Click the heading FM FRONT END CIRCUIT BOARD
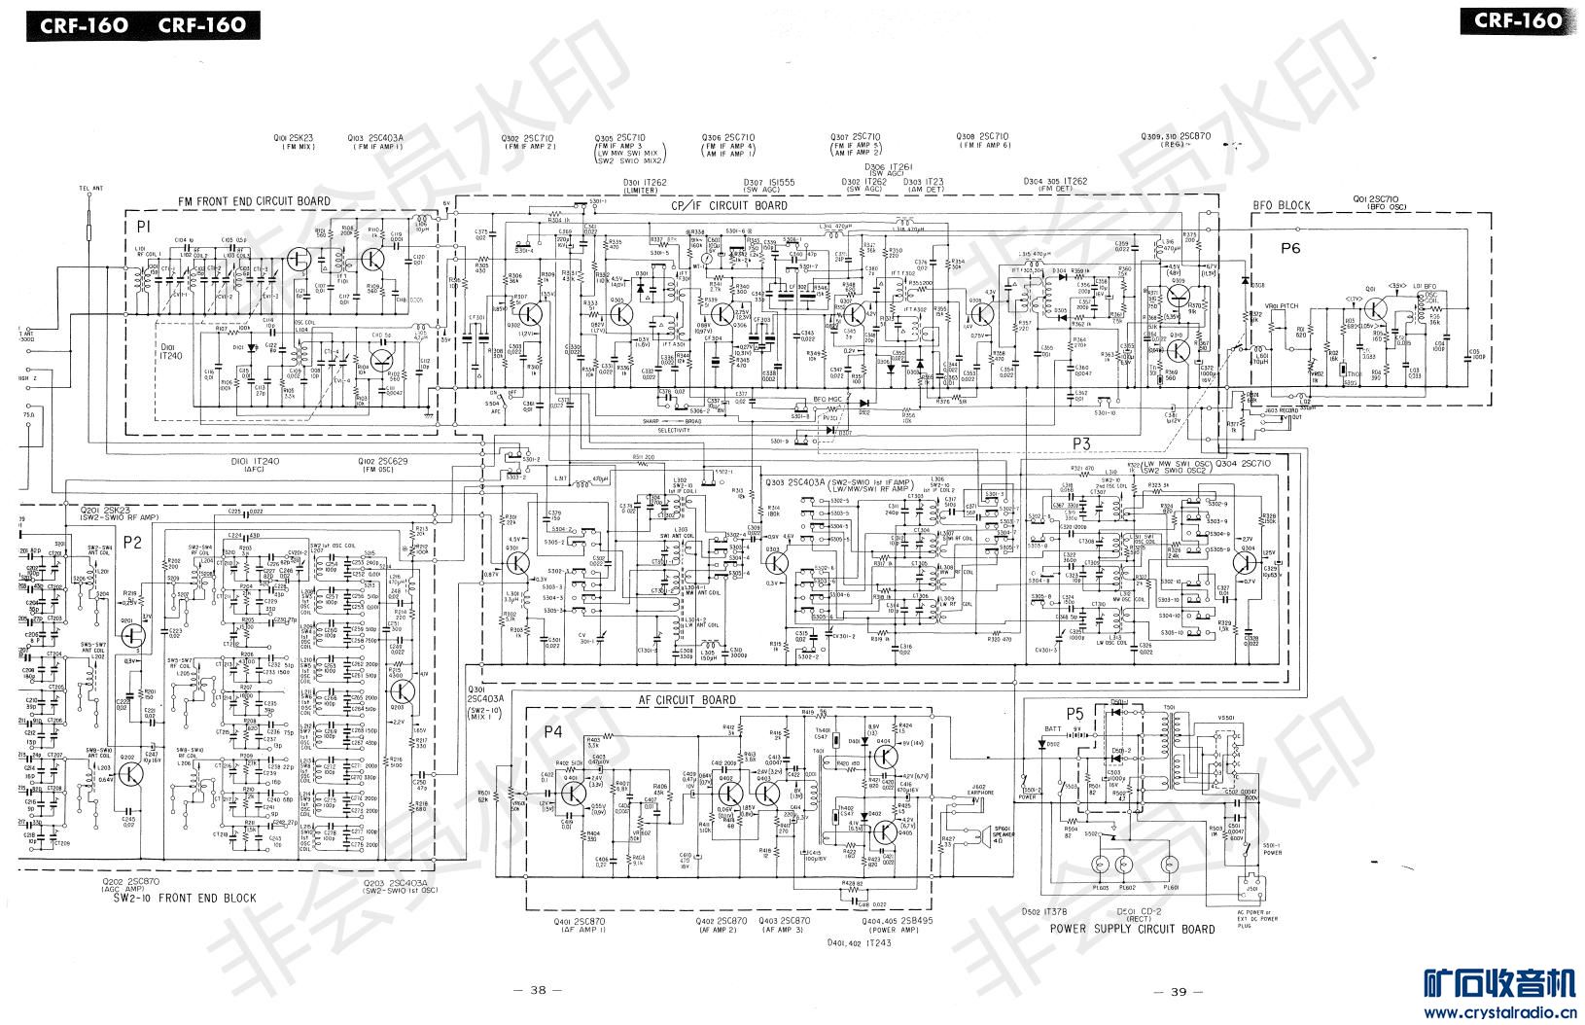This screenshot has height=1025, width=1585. pos(254,201)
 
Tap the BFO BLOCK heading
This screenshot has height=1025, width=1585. pos(1281,205)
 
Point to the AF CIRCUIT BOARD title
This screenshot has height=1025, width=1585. pos(687,700)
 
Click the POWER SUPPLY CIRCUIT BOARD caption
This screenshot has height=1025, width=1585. pos(1132,929)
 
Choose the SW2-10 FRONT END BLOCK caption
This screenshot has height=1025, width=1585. pos(184,898)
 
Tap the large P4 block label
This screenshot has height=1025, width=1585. pos(552,731)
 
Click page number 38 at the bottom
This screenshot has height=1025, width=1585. pos(538,991)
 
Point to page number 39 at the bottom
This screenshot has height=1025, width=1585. pos(1178,991)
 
